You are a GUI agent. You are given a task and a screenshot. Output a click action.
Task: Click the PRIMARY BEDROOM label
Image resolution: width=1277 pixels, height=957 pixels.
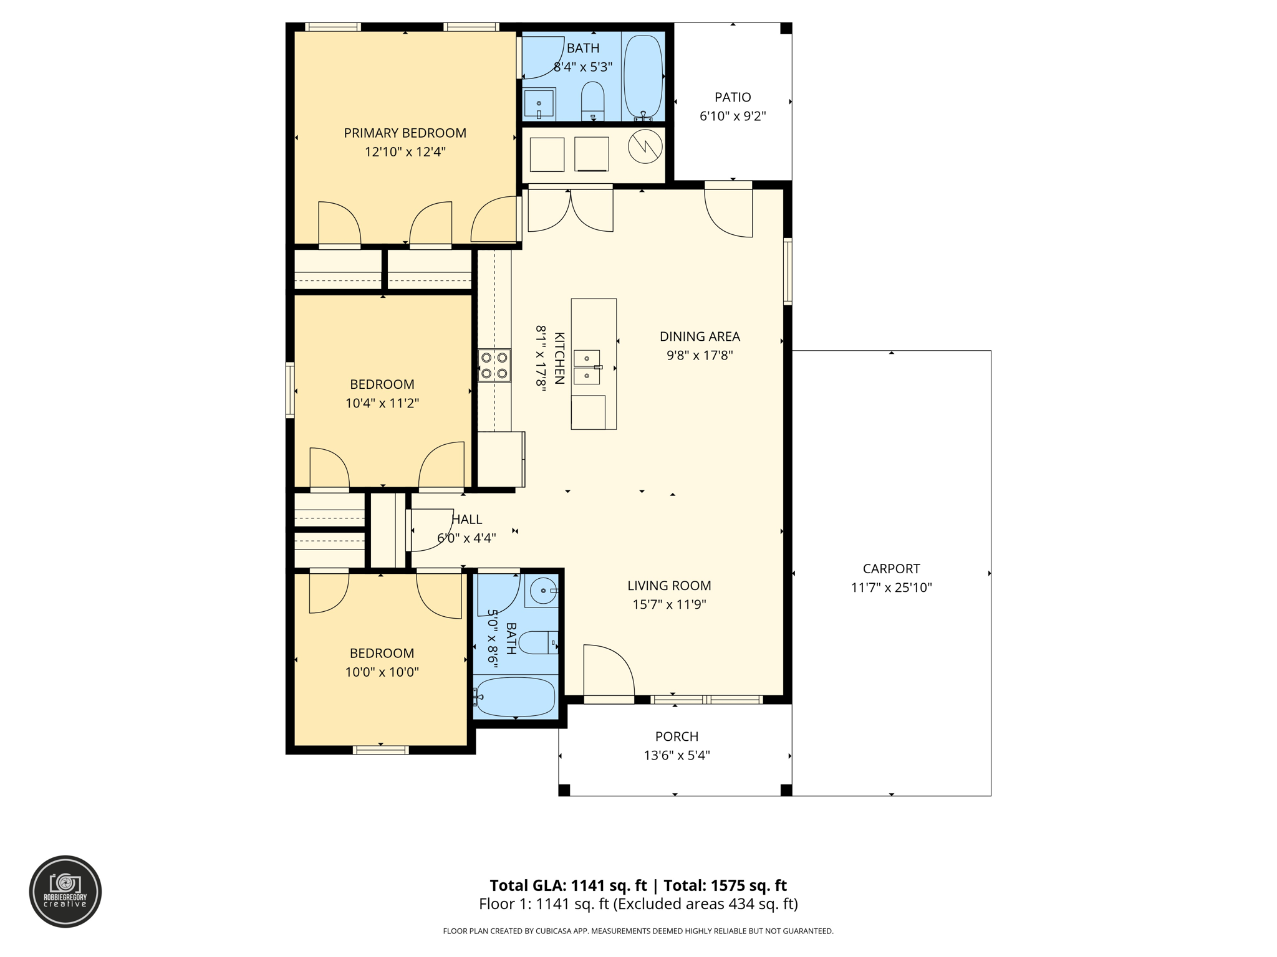click(x=405, y=133)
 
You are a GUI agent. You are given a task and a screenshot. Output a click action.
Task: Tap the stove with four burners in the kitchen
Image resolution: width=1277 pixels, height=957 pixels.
click(x=494, y=366)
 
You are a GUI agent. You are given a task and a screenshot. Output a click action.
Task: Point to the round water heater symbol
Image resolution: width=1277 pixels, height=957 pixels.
click(x=645, y=147)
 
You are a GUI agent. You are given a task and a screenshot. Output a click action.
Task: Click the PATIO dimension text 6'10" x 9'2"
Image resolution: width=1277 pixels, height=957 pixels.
click(x=732, y=116)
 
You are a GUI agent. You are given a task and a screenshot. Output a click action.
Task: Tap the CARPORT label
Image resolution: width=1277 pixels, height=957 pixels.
click(x=890, y=568)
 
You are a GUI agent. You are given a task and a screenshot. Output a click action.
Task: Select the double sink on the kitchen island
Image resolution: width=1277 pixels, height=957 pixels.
click(x=587, y=367)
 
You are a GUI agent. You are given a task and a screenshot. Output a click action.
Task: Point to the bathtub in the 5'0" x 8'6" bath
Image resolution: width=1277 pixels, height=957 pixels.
click(x=514, y=697)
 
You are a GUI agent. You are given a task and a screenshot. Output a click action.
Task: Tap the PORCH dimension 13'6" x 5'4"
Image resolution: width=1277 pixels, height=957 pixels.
click(x=677, y=755)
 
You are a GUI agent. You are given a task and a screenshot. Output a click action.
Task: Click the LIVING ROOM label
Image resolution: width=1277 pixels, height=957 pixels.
click(x=668, y=585)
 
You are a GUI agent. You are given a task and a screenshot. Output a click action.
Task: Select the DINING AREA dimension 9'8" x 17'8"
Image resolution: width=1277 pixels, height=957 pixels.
click(x=699, y=355)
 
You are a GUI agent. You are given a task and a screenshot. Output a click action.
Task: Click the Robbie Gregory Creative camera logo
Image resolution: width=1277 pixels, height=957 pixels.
click(x=65, y=891)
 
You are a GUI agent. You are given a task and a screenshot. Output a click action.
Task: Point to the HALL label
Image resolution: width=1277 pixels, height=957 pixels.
click(x=466, y=519)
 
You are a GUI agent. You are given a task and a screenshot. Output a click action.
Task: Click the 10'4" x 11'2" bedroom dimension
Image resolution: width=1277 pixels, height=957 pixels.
click(x=382, y=403)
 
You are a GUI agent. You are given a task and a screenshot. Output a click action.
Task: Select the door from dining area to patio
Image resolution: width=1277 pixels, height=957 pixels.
click(x=728, y=212)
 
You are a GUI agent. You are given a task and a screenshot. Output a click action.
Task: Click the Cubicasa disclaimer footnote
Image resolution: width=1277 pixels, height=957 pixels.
click(x=637, y=931)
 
